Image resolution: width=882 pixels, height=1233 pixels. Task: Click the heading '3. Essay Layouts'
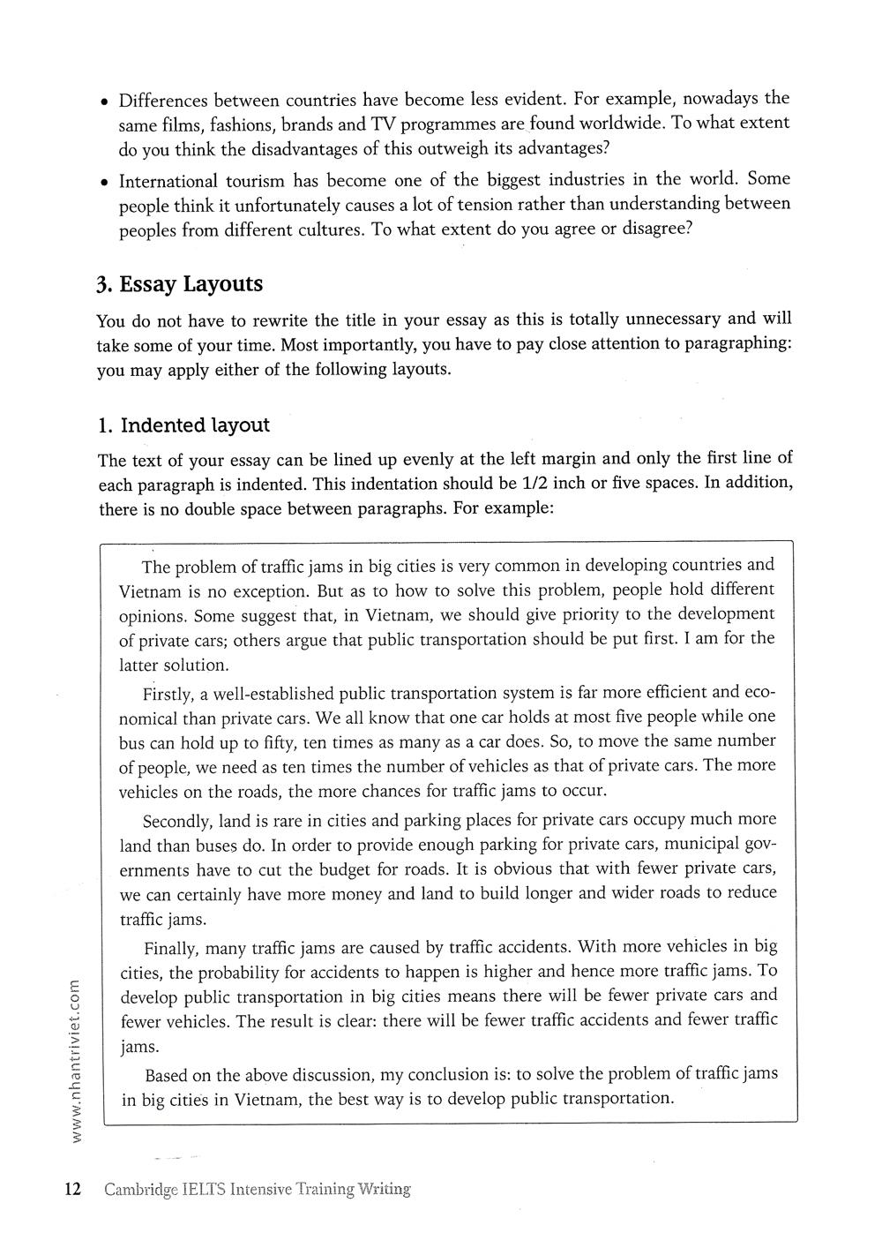(x=180, y=284)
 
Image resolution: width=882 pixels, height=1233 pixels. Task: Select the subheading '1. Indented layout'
(x=183, y=425)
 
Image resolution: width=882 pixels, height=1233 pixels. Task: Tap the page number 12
(x=72, y=1189)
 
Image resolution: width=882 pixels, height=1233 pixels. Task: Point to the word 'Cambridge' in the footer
(x=139, y=1190)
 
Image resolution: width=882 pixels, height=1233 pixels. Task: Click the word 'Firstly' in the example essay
(x=168, y=694)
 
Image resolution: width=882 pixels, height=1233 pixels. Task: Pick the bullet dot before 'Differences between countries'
(x=104, y=101)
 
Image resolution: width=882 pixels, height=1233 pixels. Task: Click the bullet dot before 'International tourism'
(x=104, y=183)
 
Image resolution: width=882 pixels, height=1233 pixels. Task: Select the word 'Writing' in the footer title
(x=385, y=1190)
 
